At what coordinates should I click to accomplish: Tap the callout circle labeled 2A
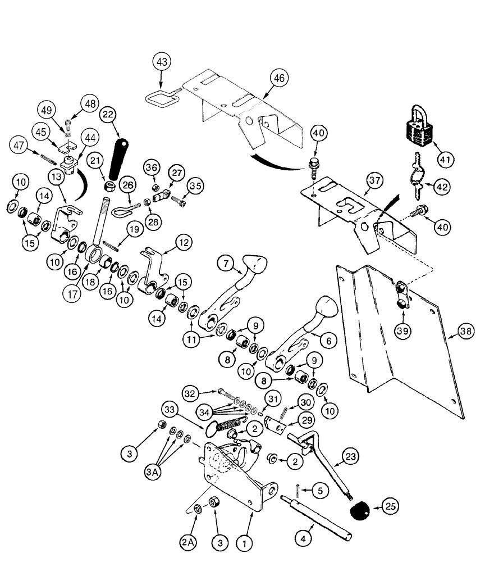tap(190, 544)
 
